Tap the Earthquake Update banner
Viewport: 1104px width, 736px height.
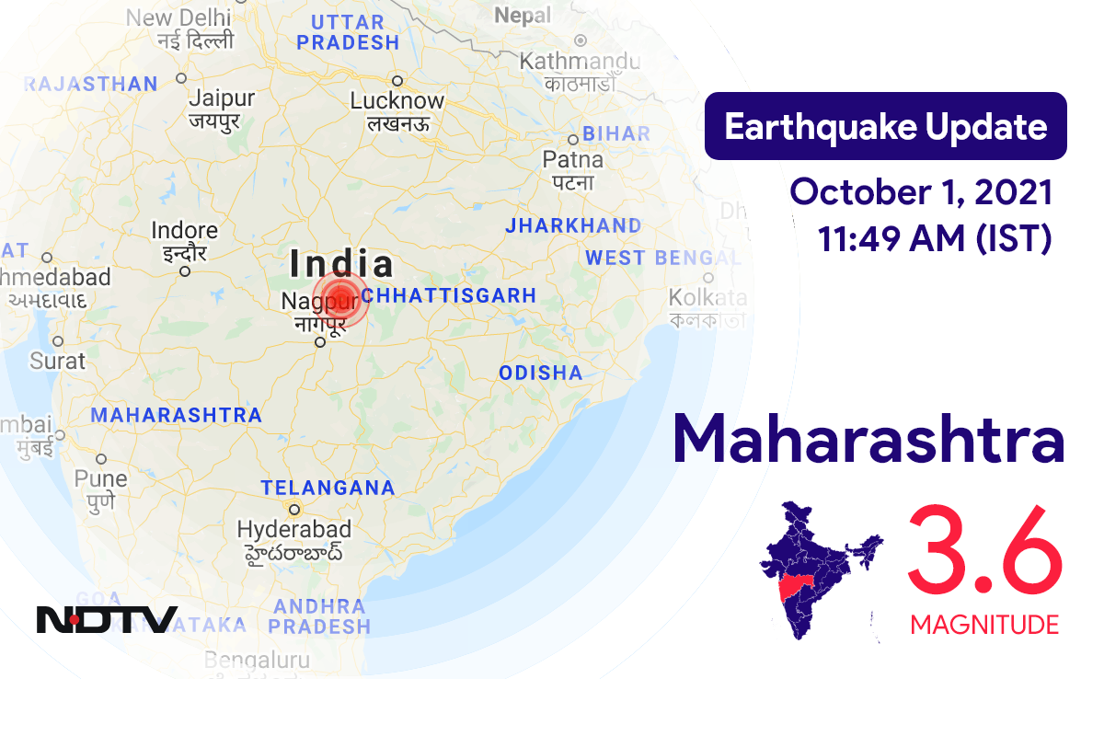click(x=885, y=126)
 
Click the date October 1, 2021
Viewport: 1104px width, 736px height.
click(x=921, y=192)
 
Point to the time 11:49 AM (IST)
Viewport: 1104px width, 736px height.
click(x=934, y=238)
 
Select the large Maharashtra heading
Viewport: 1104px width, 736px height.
click(x=868, y=441)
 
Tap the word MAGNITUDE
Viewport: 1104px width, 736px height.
click(x=984, y=626)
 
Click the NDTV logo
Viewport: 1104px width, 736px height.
click(x=107, y=619)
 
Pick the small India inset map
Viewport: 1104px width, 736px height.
click(x=819, y=570)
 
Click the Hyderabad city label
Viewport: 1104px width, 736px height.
click(x=294, y=530)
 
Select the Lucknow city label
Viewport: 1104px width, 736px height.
click(x=397, y=100)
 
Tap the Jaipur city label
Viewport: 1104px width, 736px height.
click(x=221, y=98)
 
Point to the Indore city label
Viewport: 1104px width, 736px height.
click(x=185, y=231)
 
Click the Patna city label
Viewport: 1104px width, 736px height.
click(x=573, y=160)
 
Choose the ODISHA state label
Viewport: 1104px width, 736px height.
click(x=541, y=373)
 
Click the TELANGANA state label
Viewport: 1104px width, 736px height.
click(x=328, y=488)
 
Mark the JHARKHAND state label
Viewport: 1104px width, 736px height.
click(x=573, y=225)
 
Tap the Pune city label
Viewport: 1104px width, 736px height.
click(x=101, y=479)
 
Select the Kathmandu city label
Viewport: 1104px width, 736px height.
click(x=580, y=62)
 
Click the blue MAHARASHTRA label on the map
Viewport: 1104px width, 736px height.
click(x=176, y=415)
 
